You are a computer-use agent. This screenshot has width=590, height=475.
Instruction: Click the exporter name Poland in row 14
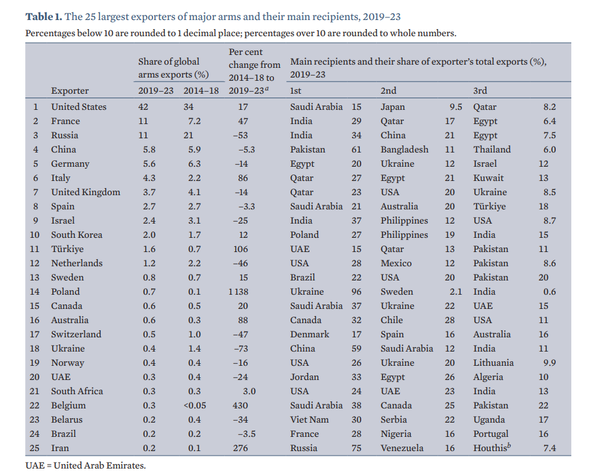pos(65,291)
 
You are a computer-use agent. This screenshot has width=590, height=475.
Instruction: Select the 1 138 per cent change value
pos(238,291)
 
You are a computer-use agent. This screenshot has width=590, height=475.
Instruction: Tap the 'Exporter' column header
pos(70,90)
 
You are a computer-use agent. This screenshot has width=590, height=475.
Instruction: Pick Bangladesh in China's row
pos(405,149)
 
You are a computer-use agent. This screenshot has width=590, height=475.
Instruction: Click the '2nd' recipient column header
pos(388,90)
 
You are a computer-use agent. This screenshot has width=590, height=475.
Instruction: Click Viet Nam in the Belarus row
pos(310,419)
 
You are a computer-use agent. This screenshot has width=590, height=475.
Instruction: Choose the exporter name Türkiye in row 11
pos(67,249)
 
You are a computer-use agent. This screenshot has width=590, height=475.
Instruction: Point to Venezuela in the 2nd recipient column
pos(403,448)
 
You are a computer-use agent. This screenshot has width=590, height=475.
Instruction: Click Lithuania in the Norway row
pos(493,363)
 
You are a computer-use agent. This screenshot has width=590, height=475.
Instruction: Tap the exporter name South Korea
pos(76,235)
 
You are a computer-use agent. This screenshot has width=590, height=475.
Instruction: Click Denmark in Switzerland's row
pos(310,334)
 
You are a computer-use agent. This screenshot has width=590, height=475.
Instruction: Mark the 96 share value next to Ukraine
pos(355,291)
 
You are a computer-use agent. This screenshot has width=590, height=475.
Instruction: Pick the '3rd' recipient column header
pos(480,90)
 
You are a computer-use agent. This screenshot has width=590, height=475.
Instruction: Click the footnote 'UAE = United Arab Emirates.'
pos(86,465)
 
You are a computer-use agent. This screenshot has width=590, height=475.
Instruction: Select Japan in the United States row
pos(393,107)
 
